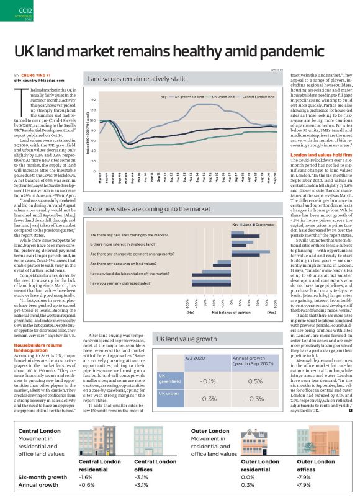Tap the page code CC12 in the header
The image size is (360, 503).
pyautogui.click(x=25, y=11)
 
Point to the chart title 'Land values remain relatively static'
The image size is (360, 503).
pyautogui.click(x=137, y=79)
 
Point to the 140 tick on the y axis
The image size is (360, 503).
pyautogui.click(x=93, y=100)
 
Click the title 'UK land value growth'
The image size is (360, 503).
pyautogui.click(x=186, y=340)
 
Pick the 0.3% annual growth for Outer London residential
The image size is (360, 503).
pyautogui.click(x=248, y=485)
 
